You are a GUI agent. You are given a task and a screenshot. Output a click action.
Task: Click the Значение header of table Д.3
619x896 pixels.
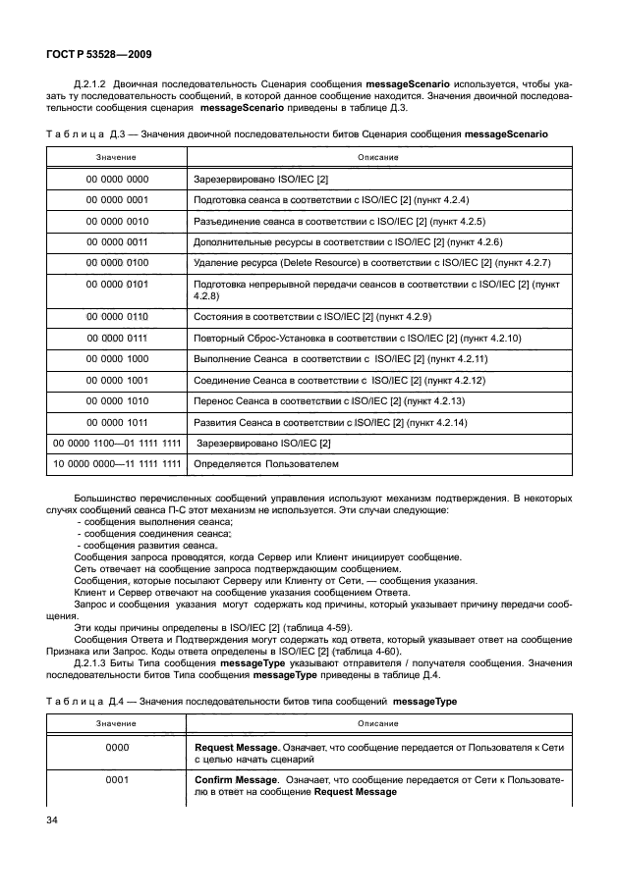(x=116, y=157)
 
